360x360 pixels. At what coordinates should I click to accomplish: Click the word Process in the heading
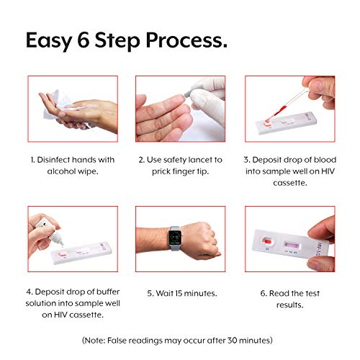click(186, 41)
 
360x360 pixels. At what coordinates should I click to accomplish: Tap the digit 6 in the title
click(84, 40)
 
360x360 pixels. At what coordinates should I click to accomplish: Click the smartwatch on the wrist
click(175, 238)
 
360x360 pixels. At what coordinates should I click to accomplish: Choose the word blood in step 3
click(325, 160)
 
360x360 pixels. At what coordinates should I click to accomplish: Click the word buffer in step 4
click(108, 292)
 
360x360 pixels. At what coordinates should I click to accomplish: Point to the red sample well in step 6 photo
click(267, 240)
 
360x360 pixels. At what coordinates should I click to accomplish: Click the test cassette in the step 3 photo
click(286, 123)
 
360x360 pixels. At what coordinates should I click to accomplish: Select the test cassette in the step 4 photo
click(81, 253)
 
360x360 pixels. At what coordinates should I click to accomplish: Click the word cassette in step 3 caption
click(290, 183)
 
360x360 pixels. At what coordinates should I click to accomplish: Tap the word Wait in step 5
click(164, 293)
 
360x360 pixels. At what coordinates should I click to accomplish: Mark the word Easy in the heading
click(49, 41)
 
